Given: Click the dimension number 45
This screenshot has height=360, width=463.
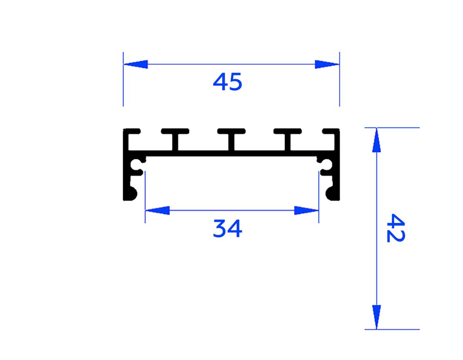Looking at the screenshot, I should click(x=228, y=82).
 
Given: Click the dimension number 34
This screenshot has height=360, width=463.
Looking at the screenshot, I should click(x=228, y=229).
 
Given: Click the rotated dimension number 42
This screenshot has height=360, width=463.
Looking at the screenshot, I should click(x=395, y=228).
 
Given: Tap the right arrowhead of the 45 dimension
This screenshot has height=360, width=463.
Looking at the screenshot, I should click(x=326, y=64).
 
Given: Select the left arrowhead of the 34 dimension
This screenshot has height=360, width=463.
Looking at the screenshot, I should click(x=157, y=210).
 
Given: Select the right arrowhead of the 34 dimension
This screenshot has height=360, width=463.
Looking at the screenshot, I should click(x=306, y=210).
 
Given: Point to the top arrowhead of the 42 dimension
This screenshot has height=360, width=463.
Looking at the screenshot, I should click(x=377, y=140).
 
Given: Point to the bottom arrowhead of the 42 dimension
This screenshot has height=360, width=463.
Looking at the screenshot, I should click(x=377, y=316).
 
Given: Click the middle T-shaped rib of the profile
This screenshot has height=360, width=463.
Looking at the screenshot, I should click(x=231, y=138).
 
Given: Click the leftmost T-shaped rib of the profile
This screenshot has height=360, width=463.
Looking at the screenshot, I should click(x=175, y=138).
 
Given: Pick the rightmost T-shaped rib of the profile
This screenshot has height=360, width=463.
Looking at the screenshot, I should click(x=287, y=138).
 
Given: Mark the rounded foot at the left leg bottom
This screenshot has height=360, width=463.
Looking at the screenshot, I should click(x=130, y=193).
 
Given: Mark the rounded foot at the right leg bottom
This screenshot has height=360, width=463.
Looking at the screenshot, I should click(x=333, y=193).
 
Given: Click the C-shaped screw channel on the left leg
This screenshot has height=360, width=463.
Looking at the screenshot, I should click(x=137, y=165).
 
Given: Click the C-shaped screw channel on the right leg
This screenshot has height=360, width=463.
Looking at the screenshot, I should click(x=326, y=165).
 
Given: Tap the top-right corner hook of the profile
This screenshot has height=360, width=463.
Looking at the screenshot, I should click(x=332, y=132).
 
